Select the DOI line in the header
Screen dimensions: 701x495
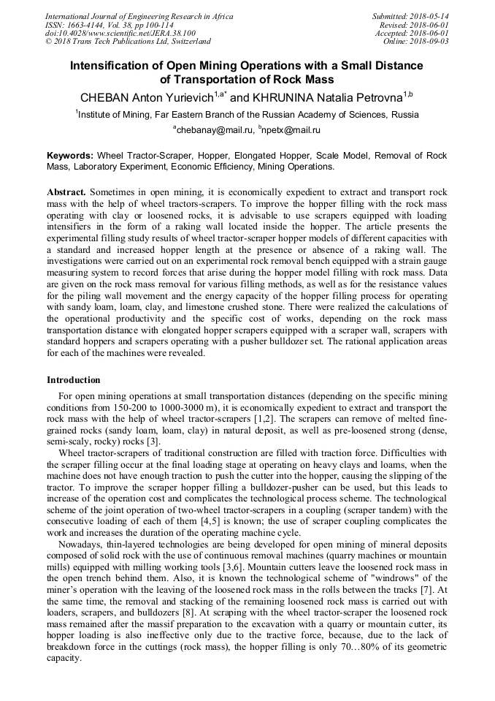click(x=120, y=33)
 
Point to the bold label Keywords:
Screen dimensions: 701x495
click(x=70, y=156)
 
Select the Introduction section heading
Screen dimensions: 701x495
click(x=74, y=380)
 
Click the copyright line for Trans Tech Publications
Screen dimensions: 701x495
click(x=128, y=42)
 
